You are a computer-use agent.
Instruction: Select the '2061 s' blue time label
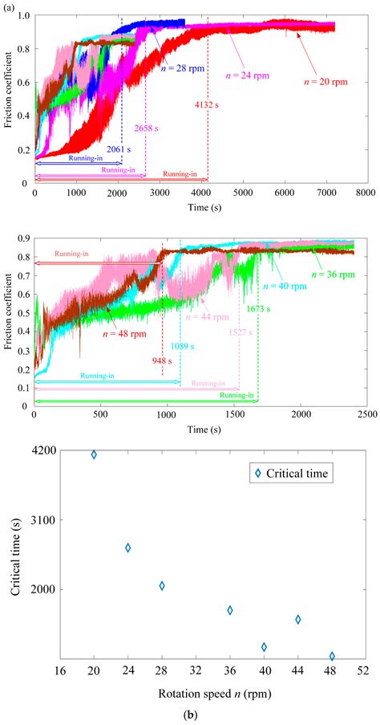pyautogui.click(x=119, y=149)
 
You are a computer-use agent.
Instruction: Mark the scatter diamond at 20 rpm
pyautogui.click(x=94, y=454)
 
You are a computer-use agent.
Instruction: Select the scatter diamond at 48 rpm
pyautogui.click(x=332, y=656)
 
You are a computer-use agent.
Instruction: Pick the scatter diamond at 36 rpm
pyautogui.click(x=230, y=610)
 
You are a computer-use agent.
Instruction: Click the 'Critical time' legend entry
pyautogui.click(x=290, y=475)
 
